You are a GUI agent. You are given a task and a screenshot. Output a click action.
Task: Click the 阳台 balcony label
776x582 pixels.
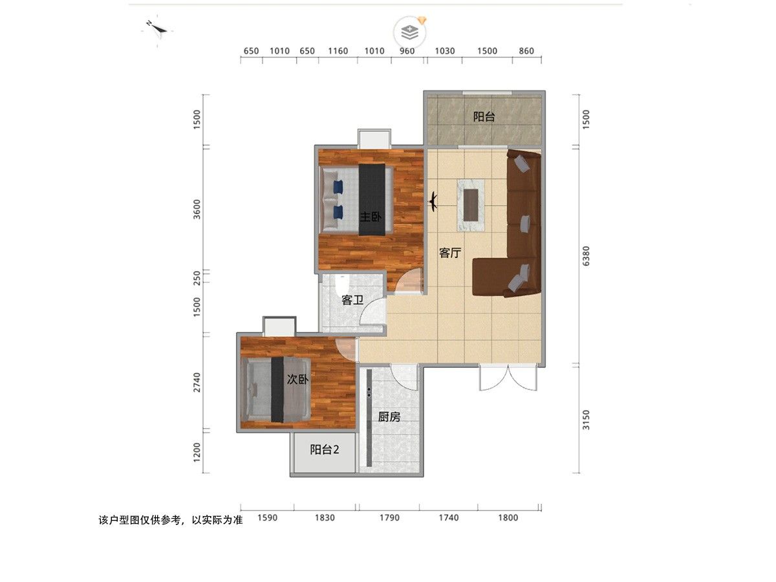pyautogui.click(x=483, y=116)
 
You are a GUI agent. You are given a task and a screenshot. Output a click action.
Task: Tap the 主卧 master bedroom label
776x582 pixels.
pyautogui.click(x=371, y=216)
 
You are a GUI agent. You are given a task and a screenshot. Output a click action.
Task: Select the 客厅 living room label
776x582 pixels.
pyautogui.click(x=449, y=253)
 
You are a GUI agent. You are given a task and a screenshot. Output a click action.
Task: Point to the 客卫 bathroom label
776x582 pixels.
pyautogui.click(x=352, y=300)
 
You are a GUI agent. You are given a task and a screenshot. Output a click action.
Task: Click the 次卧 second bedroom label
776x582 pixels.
pyautogui.click(x=297, y=380)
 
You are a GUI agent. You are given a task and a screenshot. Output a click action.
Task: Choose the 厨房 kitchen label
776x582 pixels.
pyautogui.click(x=389, y=417)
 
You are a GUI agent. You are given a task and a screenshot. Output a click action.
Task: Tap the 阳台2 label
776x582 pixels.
pyautogui.click(x=325, y=449)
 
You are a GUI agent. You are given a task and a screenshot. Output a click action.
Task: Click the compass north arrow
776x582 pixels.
pyautogui.click(x=158, y=28)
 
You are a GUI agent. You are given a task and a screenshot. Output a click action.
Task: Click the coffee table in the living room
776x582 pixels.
pyautogui.click(x=471, y=205)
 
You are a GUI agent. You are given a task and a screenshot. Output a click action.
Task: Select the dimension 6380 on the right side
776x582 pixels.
pyautogui.click(x=586, y=256)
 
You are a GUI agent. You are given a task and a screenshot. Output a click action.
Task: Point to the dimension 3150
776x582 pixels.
pyautogui.click(x=586, y=420)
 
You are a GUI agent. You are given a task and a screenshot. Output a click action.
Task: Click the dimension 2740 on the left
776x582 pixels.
pyautogui.click(x=197, y=382)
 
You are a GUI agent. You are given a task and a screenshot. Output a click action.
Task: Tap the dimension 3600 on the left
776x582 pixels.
pyautogui.click(x=197, y=209)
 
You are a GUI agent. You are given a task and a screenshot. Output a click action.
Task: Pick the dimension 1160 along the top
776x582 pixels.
pyautogui.click(x=338, y=51)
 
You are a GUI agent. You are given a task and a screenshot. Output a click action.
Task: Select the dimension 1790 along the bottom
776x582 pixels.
pyautogui.click(x=389, y=518)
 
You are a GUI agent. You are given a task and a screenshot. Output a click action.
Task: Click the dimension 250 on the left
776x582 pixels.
pyautogui.click(x=197, y=278)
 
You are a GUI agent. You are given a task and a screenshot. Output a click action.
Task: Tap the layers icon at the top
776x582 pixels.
pyautogui.click(x=410, y=32)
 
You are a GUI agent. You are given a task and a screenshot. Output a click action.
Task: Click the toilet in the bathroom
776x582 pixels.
pyautogui.click(x=342, y=284)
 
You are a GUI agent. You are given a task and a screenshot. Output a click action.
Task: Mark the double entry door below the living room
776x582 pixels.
pyautogui.click(x=508, y=378)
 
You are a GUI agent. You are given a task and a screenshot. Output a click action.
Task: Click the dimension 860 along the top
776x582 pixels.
pyautogui.click(x=526, y=51)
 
